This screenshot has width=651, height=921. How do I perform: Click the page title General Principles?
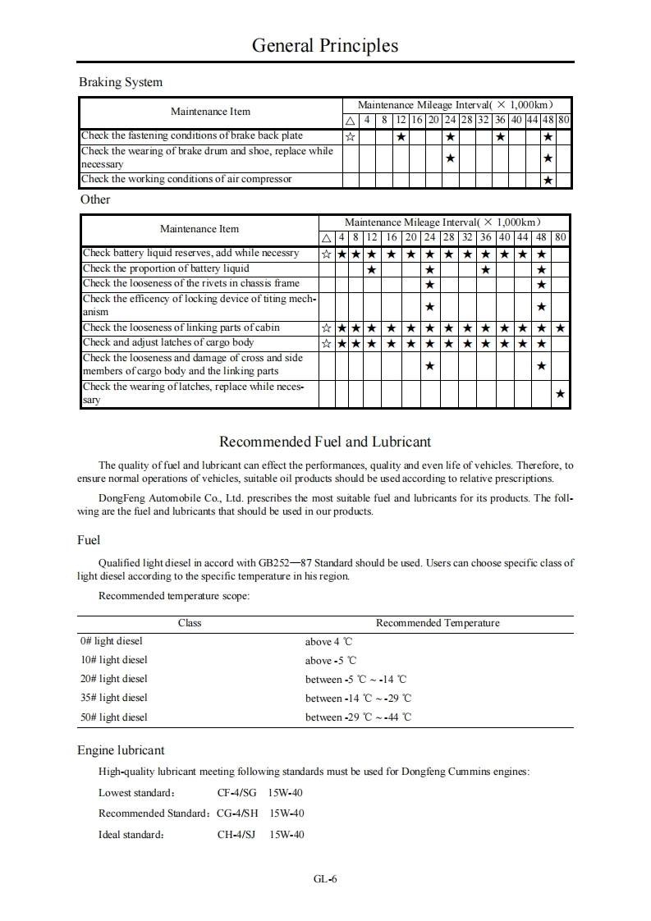pyautogui.click(x=325, y=46)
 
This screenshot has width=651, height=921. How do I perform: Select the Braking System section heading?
pyautogui.click(x=121, y=82)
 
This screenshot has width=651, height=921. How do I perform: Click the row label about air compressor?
pyautogui.click(x=186, y=179)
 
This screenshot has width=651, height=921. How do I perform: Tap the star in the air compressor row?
pyautogui.click(x=548, y=181)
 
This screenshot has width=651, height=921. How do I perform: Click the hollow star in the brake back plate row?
pyautogui.click(x=351, y=136)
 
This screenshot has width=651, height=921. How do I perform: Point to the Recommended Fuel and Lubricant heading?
pyautogui.click(x=325, y=442)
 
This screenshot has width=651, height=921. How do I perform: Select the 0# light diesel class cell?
pyautogui.click(x=111, y=641)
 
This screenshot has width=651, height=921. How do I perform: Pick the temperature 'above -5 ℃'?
pyautogui.click(x=331, y=660)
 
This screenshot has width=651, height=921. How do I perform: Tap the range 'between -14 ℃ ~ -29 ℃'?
pyautogui.click(x=358, y=698)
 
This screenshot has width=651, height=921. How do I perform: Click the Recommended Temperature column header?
pyautogui.click(x=438, y=623)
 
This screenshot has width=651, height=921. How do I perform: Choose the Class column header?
pyautogui.click(x=190, y=623)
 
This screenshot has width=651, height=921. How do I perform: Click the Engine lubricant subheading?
pyautogui.click(x=121, y=750)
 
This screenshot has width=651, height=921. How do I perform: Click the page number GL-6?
pyautogui.click(x=325, y=879)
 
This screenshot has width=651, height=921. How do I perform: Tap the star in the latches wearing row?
pyautogui.click(x=560, y=395)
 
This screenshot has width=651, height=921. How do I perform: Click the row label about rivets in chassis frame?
pyautogui.click(x=191, y=283)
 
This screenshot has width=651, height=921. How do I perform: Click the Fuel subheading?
pyautogui.click(x=89, y=540)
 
